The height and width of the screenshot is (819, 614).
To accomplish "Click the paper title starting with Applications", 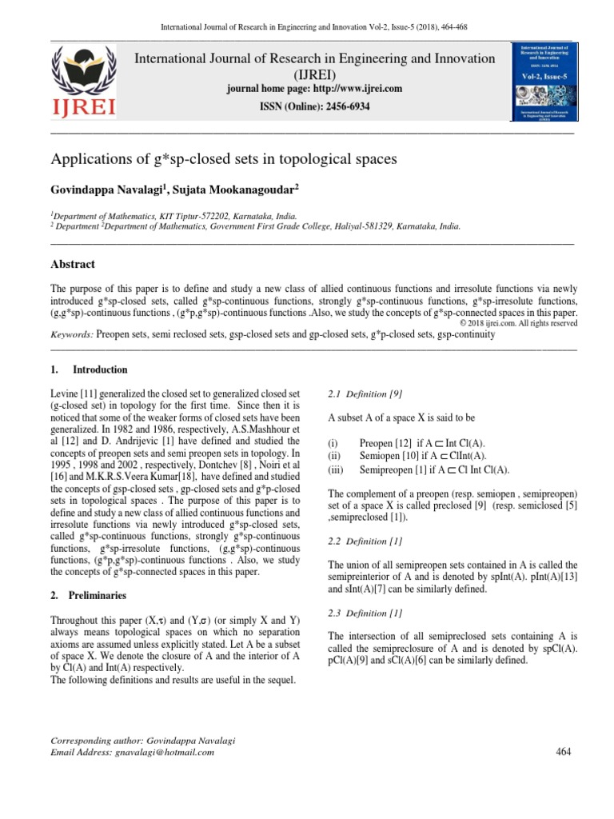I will click(224, 159).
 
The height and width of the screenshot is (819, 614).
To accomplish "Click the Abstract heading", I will click(73, 264).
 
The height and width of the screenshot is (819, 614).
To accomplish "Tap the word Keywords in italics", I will click(72, 335).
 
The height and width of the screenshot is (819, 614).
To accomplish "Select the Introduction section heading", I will click(100, 370).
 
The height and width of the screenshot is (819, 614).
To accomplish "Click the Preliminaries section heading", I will click(100, 596).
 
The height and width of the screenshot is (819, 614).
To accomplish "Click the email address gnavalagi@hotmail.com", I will click(164, 752).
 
